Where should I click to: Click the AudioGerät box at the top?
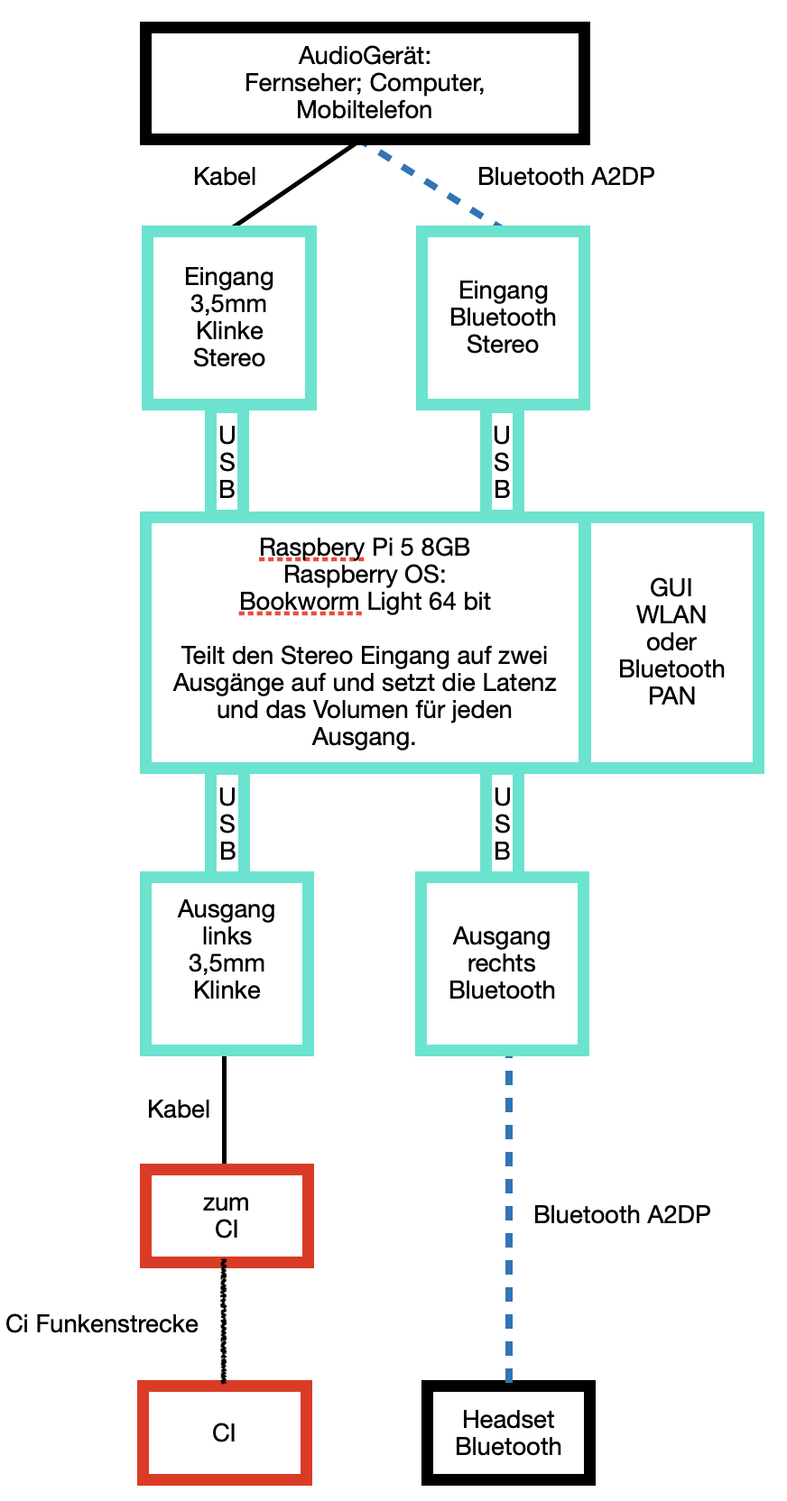tap(364, 83)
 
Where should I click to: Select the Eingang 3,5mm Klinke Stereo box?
tap(229, 317)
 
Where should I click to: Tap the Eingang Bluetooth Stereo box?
tap(503, 317)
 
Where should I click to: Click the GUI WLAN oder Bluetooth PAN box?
tap(671, 641)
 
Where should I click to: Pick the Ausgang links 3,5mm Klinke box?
tap(227, 962)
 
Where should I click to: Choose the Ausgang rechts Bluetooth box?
tap(502, 962)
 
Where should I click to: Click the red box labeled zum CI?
tap(227, 1215)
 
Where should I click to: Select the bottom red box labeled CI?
tap(224, 1432)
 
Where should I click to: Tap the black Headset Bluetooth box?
tap(508, 1432)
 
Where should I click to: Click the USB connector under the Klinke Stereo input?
tap(227, 462)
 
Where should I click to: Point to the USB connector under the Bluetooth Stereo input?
tap(502, 462)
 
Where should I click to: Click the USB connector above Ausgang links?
tap(227, 823)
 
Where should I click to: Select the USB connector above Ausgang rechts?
tap(502, 823)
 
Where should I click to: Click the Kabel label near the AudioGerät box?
tap(225, 177)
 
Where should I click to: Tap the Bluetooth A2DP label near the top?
tap(566, 177)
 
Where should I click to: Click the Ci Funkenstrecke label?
tap(102, 1323)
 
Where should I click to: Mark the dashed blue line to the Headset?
tap(509, 1218)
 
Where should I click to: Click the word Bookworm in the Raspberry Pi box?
tap(299, 602)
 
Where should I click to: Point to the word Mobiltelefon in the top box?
tap(364, 110)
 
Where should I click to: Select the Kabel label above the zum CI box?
tap(179, 1109)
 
